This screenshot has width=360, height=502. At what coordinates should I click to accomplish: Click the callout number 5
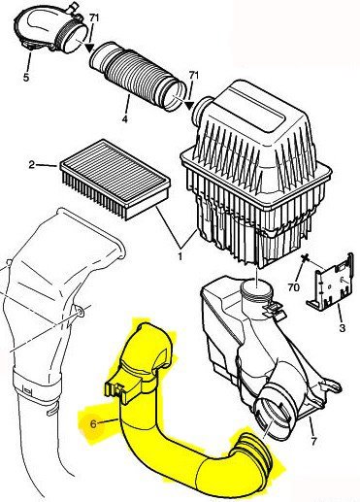click(26, 77)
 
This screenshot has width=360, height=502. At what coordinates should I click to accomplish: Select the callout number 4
click(124, 118)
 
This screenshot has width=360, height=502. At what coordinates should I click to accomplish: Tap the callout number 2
click(31, 165)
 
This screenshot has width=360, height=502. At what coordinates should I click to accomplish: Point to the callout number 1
click(180, 256)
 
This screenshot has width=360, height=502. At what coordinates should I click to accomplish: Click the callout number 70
click(294, 287)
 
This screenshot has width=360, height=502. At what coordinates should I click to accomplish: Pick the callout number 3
click(343, 328)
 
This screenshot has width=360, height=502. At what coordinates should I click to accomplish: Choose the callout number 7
click(313, 440)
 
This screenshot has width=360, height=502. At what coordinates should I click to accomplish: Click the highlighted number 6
click(93, 423)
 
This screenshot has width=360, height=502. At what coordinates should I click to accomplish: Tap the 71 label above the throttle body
click(94, 18)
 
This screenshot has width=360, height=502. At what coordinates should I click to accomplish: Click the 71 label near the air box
click(193, 76)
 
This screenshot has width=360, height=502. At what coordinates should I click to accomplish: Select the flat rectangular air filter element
click(115, 179)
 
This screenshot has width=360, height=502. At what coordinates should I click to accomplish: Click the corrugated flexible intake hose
click(138, 76)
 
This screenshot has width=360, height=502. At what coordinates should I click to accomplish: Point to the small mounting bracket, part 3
click(329, 281)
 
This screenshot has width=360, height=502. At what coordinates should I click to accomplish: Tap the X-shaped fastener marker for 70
click(305, 258)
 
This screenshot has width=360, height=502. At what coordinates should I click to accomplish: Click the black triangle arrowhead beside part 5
click(89, 49)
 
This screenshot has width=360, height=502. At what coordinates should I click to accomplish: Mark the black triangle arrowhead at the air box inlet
click(189, 106)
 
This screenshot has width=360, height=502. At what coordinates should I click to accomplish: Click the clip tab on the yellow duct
click(115, 389)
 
